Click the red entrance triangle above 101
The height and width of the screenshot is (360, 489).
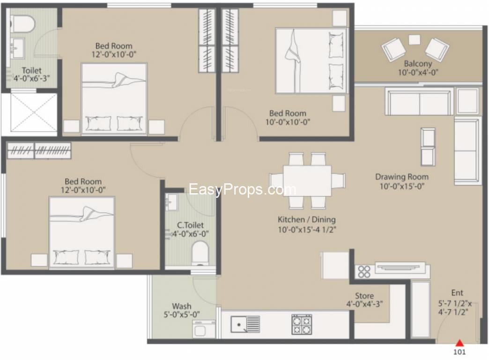click(x=459, y=344)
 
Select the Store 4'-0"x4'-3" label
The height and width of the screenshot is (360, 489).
click(x=364, y=300)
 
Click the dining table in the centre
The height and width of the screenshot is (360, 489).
click(x=307, y=180)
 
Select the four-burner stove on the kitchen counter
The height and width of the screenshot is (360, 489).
click(x=302, y=324)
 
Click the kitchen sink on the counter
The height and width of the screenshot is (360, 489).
click(x=245, y=324)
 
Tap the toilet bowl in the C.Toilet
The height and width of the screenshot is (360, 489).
click(x=200, y=253)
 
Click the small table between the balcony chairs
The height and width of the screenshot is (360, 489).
click(x=415, y=40)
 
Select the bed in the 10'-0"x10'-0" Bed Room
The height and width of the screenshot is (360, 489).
click(x=311, y=60)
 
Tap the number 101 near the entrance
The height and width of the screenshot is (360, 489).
click(x=459, y=352)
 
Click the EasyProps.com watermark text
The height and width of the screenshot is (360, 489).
click(x=243, y=189)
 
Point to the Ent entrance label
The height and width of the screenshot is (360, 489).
click(x=457, y=293)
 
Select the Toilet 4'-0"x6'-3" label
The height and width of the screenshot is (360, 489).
click(x=31, y=75)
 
